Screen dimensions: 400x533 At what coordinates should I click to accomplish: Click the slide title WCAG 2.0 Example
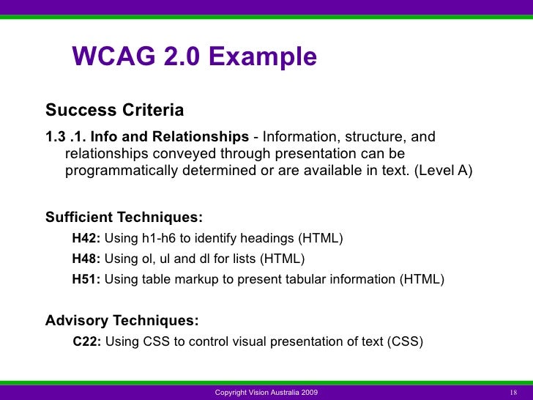tap(194, 57)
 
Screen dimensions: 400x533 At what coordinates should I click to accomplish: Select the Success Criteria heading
tap(114, 111)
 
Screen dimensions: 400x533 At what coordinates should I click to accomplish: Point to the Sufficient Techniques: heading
tap(124, 218)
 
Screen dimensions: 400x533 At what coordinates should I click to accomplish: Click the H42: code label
tap(86, 238)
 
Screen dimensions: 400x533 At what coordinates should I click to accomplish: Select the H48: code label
tap(86, 259)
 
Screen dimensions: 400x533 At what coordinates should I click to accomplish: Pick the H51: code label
tap(86, 279)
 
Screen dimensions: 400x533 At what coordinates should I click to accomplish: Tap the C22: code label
tap(88, 341)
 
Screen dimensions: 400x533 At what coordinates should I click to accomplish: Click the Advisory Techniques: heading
tap(122, 321)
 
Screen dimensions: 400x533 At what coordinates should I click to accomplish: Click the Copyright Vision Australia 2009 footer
tap(266, 393)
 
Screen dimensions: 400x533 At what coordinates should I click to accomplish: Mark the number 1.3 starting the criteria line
tap(56, 137)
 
